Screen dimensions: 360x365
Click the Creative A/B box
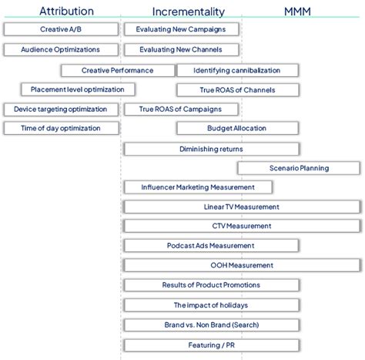coord(61,29)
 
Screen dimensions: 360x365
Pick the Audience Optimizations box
coord(61,49)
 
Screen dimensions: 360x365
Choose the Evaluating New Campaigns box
coord(181,29)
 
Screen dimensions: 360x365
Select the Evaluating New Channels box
coord(181,49)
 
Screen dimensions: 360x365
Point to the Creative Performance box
coord(117,70)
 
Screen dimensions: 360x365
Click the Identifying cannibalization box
coord(236,70)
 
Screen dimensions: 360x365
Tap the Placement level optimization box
coord(72,89)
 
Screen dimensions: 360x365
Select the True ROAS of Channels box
coord(236,89)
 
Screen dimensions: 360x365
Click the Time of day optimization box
coord(61,129)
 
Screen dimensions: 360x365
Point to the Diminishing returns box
coord(210,148)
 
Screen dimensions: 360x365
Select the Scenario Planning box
coord(298,168)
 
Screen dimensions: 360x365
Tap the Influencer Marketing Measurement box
coord(197,187)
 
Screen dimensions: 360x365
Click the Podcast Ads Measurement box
coord(210,246)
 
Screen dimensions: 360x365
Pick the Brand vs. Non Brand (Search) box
coord(210,325)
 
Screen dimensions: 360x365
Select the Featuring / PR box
coord(210,345)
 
